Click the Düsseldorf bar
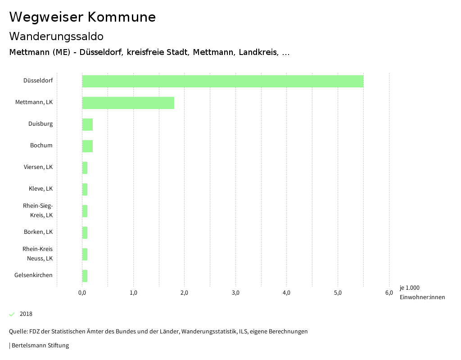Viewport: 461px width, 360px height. (222, 81)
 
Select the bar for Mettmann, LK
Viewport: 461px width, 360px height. (128, 103)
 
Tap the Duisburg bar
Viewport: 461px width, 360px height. (87, 124)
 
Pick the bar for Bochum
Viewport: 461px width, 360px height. (87, 146)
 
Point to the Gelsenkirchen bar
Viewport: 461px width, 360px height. (85, 276)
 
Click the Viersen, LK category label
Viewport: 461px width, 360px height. (38, 167)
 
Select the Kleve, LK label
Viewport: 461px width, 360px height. (41, 189)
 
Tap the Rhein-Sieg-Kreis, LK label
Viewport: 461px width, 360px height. (38, 210)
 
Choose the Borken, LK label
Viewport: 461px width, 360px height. (38, 232)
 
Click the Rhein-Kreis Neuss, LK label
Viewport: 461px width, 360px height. (38, 254)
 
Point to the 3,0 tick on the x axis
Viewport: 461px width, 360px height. (235, 293)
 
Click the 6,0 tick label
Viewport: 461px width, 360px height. (389, 293)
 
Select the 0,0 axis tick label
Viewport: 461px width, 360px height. (82, 293)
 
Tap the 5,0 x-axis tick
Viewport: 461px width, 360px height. (338, 293)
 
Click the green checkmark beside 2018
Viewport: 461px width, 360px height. (12, 314)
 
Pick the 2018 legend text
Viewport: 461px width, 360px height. (26, 314)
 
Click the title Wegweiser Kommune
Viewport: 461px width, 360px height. (82, 17)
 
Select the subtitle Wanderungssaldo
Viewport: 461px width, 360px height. (56, 36)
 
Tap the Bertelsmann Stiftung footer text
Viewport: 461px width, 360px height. (39, 346)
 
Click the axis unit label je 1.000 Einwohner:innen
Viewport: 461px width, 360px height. (422, 292)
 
